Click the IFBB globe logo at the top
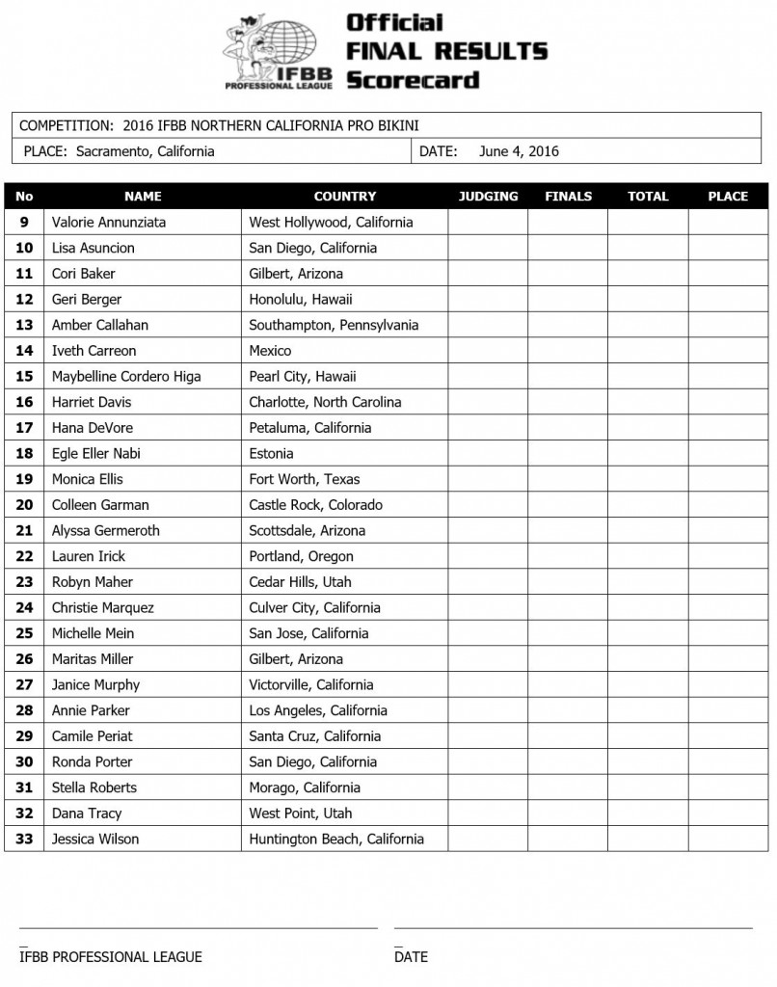[x=280, y=50]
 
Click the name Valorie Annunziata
[x=109, y=222]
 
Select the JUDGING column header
[x=488, y=196]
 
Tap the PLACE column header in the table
[x=728, y=196]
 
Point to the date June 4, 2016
[x=518, y=151]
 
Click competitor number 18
[x=24, y=453]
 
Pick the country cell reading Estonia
[x=271, y=453]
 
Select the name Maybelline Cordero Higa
[x=126, y=376]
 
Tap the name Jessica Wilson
[x=95, y=839]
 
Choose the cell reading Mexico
[x=270, y=351]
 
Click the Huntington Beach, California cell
[x=335, y=839]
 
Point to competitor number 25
[x=24, y=633]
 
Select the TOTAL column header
[x=648, y=196]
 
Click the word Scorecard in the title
[x=412, y=79]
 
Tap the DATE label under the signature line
[x=411, y=957]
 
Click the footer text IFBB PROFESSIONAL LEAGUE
[x=111, y=957]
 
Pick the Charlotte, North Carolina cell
[x=325, y=402]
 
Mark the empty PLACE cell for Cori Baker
[x=728, y=274]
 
